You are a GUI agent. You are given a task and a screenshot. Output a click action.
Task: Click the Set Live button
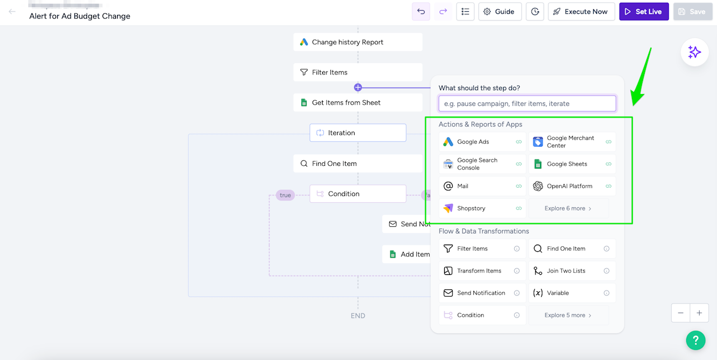tap(644, 12)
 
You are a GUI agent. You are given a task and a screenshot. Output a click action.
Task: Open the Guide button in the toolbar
tap(500, 12)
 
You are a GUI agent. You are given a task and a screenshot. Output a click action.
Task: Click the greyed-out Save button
tap(692, 12)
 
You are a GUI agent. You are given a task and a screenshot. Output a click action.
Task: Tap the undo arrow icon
tap(421, 12)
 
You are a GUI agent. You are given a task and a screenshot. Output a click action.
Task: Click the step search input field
tap(527, 104)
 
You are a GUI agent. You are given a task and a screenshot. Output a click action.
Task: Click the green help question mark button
tap(695, 340)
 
